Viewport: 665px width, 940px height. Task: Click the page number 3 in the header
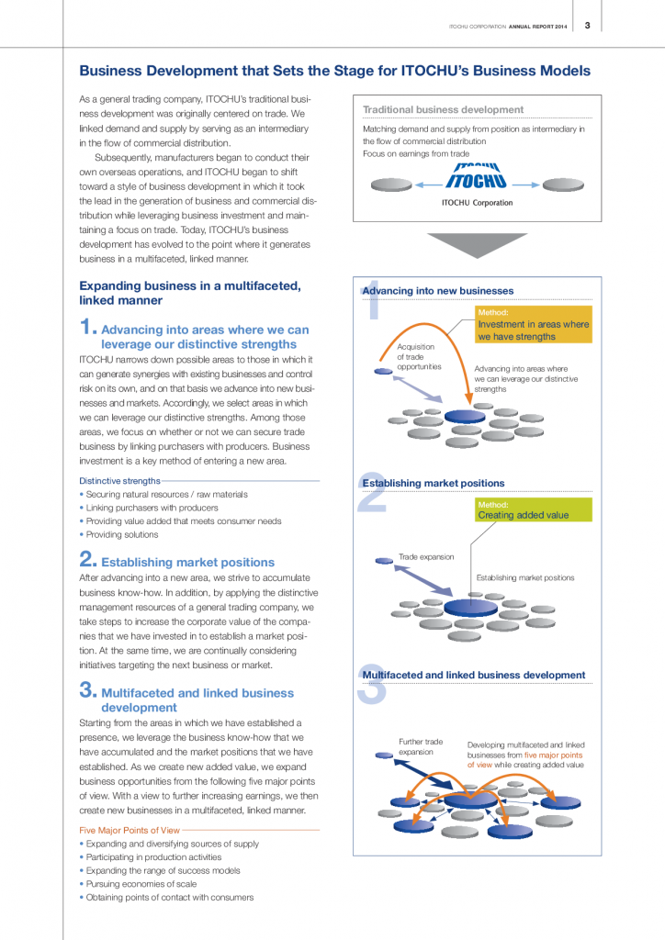coord(587,25)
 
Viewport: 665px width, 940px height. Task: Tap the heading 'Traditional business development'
coord(443,109)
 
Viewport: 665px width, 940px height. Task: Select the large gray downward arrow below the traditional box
coord(477,246)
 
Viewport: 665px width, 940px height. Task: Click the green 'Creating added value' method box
coord(533,510)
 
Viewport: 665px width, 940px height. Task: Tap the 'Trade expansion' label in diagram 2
coord(425,556)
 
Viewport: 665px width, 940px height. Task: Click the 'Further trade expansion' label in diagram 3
coord(421,746)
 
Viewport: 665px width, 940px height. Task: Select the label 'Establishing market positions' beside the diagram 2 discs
coord(524,577)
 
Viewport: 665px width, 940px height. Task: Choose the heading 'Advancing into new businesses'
coord(438,291)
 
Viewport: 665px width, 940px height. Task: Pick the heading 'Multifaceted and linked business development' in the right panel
coord(474,675)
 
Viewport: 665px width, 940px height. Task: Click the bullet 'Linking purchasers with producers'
coord(152,508)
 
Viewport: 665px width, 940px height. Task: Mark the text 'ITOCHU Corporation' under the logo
coord(477,202)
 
